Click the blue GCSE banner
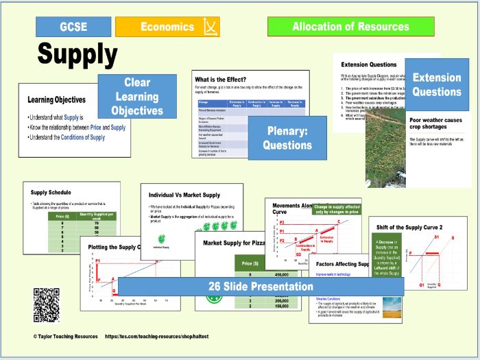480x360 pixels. pos(73,27)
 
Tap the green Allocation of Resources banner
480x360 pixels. pos(350,27)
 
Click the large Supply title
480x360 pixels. pos(77,53)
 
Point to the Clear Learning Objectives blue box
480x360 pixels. pos(137,97)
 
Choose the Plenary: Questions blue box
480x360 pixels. pos(287,137)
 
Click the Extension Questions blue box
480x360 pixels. pos(437,84)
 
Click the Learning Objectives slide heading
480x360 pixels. pos(56,99)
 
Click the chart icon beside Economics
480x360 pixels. pos(209,27)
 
